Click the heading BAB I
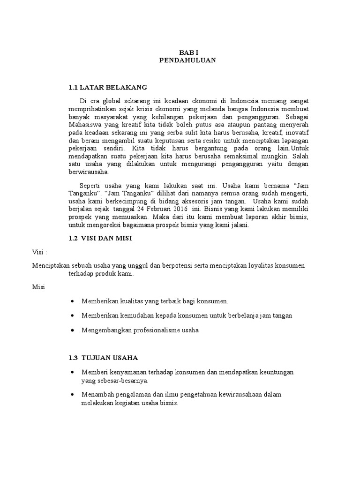coord(187,53)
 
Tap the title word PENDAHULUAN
coord(187,60)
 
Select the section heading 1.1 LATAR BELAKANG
coord(108,87)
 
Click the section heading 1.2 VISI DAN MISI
coord(100,238)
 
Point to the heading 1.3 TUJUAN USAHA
coord(103,358)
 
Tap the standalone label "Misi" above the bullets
coord(38,287)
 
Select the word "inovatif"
coord(296,134)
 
